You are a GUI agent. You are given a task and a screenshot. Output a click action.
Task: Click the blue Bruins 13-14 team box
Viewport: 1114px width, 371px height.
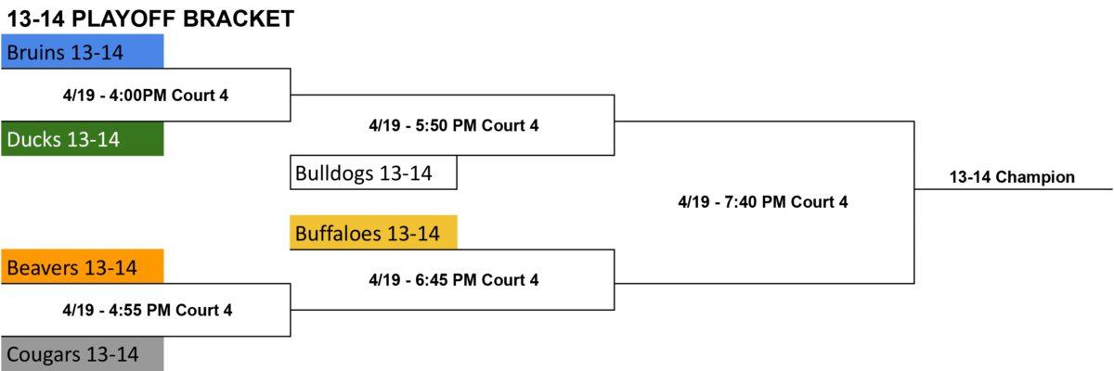82,51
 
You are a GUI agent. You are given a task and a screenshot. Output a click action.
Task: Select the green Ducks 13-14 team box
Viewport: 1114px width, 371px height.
82,138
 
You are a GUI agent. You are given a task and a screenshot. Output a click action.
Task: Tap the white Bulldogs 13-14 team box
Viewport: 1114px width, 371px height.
373,173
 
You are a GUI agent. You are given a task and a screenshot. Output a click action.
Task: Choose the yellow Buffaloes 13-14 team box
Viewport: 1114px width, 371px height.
373,233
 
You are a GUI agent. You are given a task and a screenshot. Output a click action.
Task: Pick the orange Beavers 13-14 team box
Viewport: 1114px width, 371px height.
82,267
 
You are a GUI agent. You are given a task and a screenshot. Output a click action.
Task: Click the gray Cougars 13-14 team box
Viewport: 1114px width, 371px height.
82,353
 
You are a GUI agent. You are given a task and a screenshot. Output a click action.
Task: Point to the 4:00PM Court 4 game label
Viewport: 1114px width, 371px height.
146,96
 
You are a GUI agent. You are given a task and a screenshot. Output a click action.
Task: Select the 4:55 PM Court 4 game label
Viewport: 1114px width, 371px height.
148,310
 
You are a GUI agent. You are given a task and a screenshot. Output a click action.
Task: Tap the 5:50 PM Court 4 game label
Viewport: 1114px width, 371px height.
454,125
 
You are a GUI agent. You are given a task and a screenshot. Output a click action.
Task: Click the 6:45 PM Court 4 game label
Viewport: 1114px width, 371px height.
454,279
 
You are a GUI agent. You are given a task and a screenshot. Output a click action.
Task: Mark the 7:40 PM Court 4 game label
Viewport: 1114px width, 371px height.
763,201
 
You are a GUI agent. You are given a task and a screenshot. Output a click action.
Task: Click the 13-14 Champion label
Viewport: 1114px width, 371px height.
1012,177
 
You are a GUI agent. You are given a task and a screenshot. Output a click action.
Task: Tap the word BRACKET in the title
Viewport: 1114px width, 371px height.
239,19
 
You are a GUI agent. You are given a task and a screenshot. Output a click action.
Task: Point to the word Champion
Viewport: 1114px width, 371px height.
1035,177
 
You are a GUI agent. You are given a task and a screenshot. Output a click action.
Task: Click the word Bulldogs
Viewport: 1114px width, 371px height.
334,173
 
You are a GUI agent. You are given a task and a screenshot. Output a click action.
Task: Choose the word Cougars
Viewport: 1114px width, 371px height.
44,354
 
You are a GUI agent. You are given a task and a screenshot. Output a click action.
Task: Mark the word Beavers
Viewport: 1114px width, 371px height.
43,268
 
